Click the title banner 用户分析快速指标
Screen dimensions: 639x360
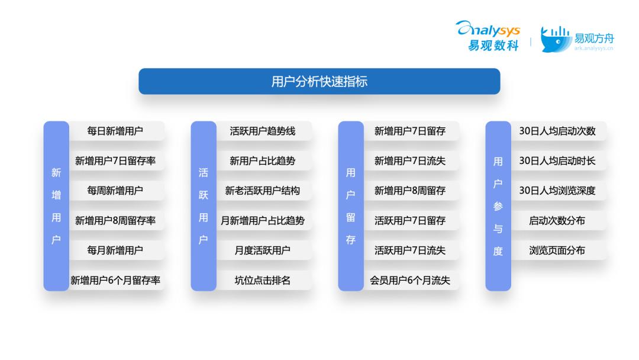pos(319,82)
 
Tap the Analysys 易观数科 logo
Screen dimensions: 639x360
pos(488,36)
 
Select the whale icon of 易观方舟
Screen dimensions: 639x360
pos(556,40)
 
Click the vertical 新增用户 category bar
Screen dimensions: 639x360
pos(56,206)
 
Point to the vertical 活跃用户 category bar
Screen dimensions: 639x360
pos(204,206)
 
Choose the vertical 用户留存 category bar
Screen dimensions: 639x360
pos(351,206)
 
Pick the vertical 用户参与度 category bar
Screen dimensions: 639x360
pos(498,206)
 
